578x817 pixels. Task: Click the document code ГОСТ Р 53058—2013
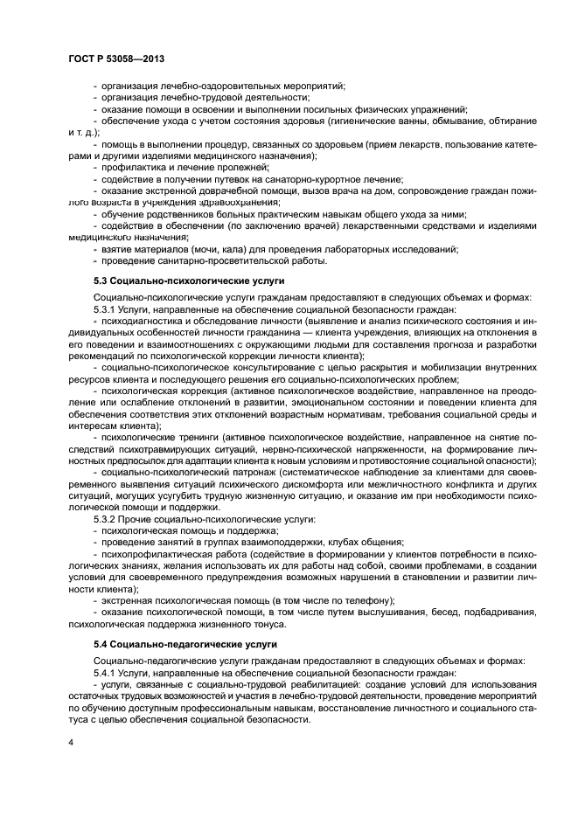pyautogui.click(x=116, y=59)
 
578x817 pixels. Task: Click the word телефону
pyautogui.click(x=368, y=600)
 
